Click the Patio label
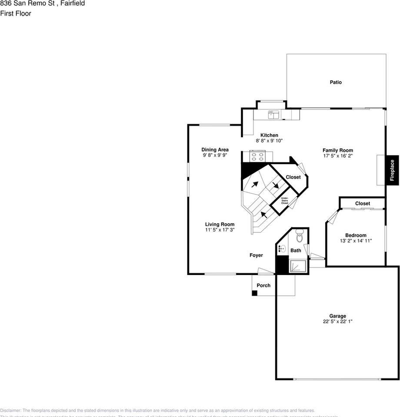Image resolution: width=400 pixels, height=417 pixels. click(x=335, y=82)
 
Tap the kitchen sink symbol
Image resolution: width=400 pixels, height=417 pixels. click(x=273, y=115)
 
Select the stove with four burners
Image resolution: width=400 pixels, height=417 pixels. click(x=257, y=156)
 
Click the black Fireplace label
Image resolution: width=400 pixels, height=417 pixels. click(x=392, y=170)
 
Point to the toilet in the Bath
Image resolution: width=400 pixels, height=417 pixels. click(x=299, y=237)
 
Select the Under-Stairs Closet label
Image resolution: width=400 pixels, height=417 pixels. click(x=285, y=201)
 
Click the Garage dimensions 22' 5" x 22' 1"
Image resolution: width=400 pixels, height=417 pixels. click(x=337, y=322)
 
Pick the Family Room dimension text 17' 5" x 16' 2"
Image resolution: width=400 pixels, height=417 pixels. click(x=337, y=156)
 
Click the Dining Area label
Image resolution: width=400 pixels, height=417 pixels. click(x=215, y=150)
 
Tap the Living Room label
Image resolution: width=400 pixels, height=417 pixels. click(x=220, y=225)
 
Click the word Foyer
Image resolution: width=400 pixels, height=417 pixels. click(x=256, y=255)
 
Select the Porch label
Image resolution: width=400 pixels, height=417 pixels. click(x=263, y=285)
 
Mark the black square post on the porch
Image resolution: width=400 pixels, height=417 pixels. click(x=255, y=293)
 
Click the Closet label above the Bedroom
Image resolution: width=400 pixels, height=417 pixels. click(x=363, y=203)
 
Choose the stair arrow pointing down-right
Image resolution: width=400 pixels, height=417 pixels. click(x=275, y=185)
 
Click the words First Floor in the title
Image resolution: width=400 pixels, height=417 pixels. click(x=16, y=13)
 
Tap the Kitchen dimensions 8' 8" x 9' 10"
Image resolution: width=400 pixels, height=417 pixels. click(x=269, y=141)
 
